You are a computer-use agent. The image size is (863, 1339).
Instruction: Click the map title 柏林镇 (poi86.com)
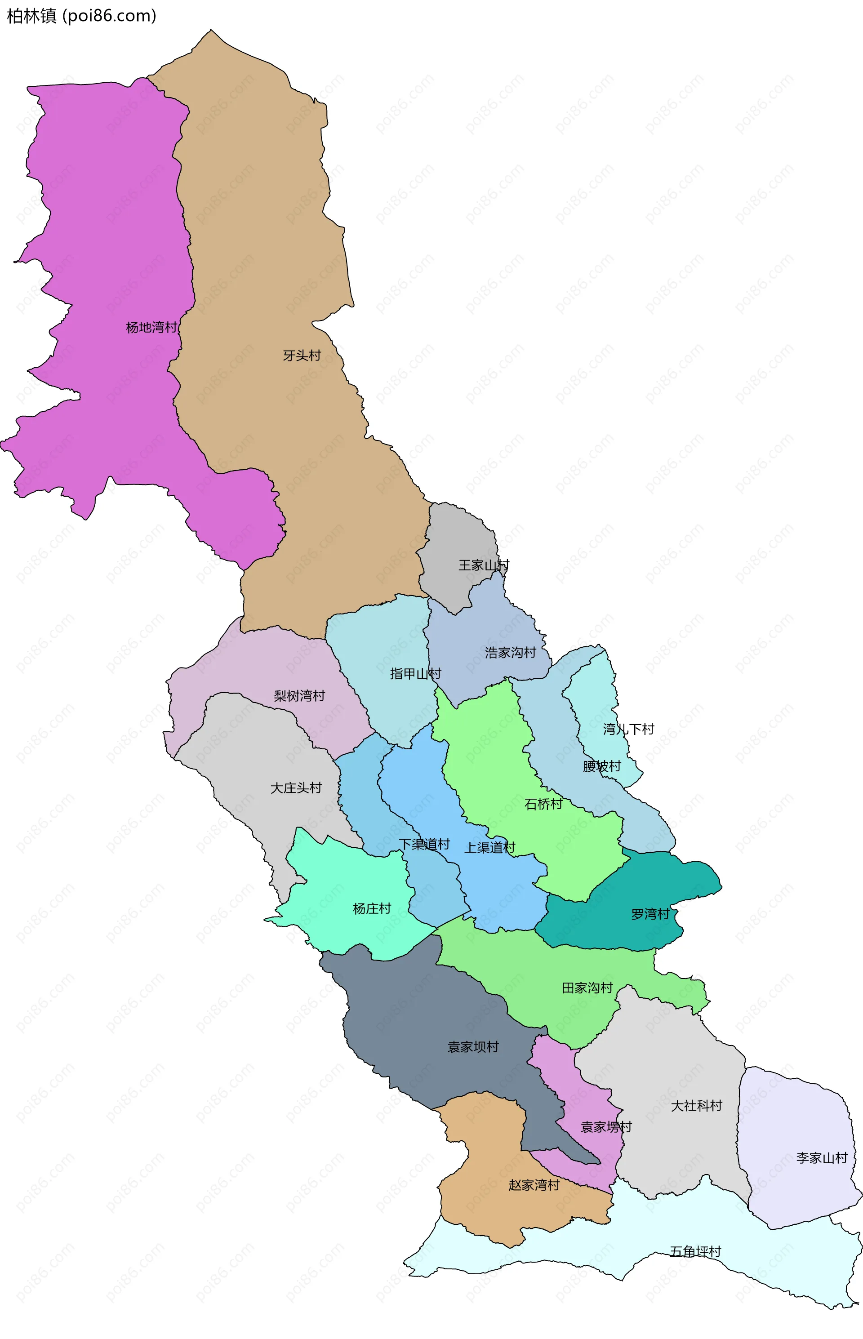tap(81, 16)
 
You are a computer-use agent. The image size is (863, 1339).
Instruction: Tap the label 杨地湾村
tap(151, 327)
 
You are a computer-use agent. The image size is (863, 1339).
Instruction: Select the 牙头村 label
tap(302, 355)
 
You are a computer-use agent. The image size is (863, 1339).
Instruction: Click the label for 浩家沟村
tap(510, 652)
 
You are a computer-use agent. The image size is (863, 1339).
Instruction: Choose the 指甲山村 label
tap(415, 673)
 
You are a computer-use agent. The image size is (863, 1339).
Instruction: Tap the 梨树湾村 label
tap(299, 696)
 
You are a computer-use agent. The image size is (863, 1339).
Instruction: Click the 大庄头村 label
tap(296, 787)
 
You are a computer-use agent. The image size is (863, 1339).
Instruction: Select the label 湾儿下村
tap(628, 729)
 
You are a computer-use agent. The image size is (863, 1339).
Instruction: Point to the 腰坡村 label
tap(602, 766)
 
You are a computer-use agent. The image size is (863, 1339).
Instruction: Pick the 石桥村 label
tap(543, 804)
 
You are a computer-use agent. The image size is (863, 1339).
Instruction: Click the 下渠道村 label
tap(424, 844)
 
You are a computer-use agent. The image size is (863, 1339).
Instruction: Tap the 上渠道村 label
tap(489, 847)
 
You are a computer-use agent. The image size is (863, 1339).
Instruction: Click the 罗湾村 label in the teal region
tap(650, 914)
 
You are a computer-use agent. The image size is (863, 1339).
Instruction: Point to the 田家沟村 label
tap(587, 988)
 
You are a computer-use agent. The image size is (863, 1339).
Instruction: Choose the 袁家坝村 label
tap(473, 1046)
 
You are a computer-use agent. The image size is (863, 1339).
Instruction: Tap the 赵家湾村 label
tap(534, 1185)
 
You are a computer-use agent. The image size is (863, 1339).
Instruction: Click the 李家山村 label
tap(822, 1157)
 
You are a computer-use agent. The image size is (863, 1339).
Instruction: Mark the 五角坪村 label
tap(695, 1251)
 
